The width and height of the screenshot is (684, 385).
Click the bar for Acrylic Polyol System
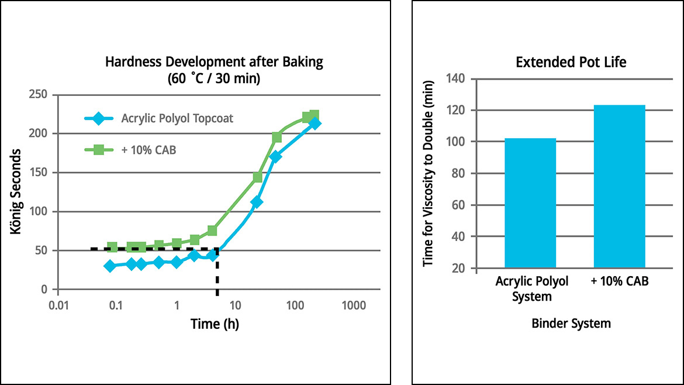point(530,204)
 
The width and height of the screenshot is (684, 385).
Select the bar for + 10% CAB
point(619,187)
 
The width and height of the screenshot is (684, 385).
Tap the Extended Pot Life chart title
point(571,62)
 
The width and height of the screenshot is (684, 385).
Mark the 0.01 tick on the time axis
point(58,305)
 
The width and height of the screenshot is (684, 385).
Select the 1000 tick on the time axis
point(354,305)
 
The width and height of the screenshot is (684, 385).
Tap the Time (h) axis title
point(215,324)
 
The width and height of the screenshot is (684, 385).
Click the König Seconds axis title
point(16,191)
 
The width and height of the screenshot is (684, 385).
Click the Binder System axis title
point(571,323)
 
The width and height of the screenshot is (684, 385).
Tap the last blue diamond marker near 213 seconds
point(315,123)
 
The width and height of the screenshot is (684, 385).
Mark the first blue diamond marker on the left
point(109,266)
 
